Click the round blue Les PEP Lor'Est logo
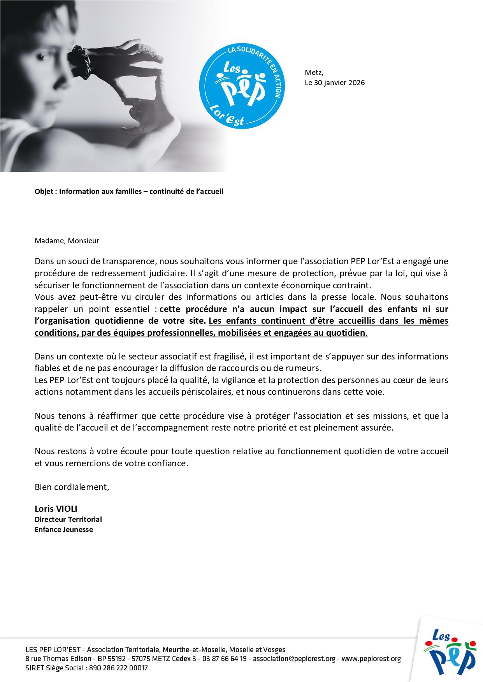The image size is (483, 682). (242, 86)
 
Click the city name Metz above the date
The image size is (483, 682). (314, 73)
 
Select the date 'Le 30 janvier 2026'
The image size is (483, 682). (335, 83)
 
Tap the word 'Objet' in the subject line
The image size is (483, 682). (44, 192)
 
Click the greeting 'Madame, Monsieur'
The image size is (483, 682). (67, 241)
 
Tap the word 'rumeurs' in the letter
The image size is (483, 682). (306, 368)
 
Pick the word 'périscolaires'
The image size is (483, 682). (207, 392)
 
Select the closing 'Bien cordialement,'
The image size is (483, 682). (72, 487)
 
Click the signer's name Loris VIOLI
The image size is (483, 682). (56, 509)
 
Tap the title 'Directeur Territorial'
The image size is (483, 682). (68, 520)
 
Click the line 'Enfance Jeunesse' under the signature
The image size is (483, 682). (64, 530)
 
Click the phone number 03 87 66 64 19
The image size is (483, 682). (224, 659)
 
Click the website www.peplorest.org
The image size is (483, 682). (371, 659)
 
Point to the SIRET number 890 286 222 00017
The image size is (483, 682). (118, 668)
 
